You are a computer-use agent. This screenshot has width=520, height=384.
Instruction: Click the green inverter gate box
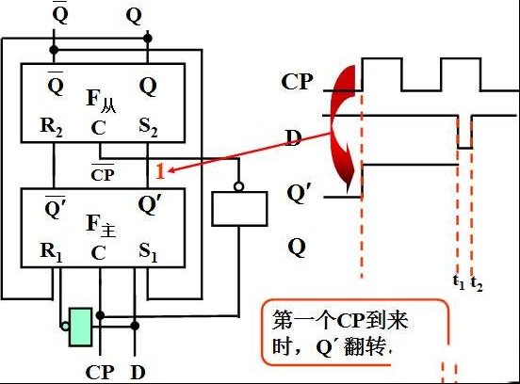[81, 327]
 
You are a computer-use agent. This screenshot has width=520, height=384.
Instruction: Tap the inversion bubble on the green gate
[65, 327]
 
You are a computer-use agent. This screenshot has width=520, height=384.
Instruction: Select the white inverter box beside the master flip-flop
[239, 209]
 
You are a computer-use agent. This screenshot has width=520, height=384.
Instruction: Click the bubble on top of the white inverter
[238, 187]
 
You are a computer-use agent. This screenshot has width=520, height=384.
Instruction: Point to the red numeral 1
[160, 171]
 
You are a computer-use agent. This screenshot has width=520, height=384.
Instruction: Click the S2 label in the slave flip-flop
[148, 127]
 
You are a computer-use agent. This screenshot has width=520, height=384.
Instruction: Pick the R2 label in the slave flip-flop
[51, 127]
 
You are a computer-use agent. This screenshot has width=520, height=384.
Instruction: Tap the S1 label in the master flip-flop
[148, 252]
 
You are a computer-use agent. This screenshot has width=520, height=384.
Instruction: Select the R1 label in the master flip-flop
[51, 252]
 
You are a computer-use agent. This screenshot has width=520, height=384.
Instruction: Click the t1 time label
[459, 282]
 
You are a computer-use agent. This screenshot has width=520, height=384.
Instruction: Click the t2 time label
[477, 283]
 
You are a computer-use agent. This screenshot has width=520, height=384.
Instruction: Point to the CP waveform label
[297, 82]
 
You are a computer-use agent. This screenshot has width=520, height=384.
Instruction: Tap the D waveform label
[294, 137]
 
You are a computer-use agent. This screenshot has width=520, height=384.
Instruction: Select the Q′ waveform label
[297, 193]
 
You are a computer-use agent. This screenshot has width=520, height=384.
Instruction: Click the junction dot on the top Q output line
[148, 39]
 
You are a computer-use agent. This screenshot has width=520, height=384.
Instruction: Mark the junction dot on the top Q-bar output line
[54, 50]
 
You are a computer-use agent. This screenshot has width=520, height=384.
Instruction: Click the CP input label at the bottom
[100, 373]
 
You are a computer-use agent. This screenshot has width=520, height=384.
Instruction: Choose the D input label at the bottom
[138, 373]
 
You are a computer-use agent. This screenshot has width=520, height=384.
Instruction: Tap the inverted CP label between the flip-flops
[103, 172]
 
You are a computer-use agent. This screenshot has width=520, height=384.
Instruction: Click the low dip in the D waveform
[465, 148]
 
